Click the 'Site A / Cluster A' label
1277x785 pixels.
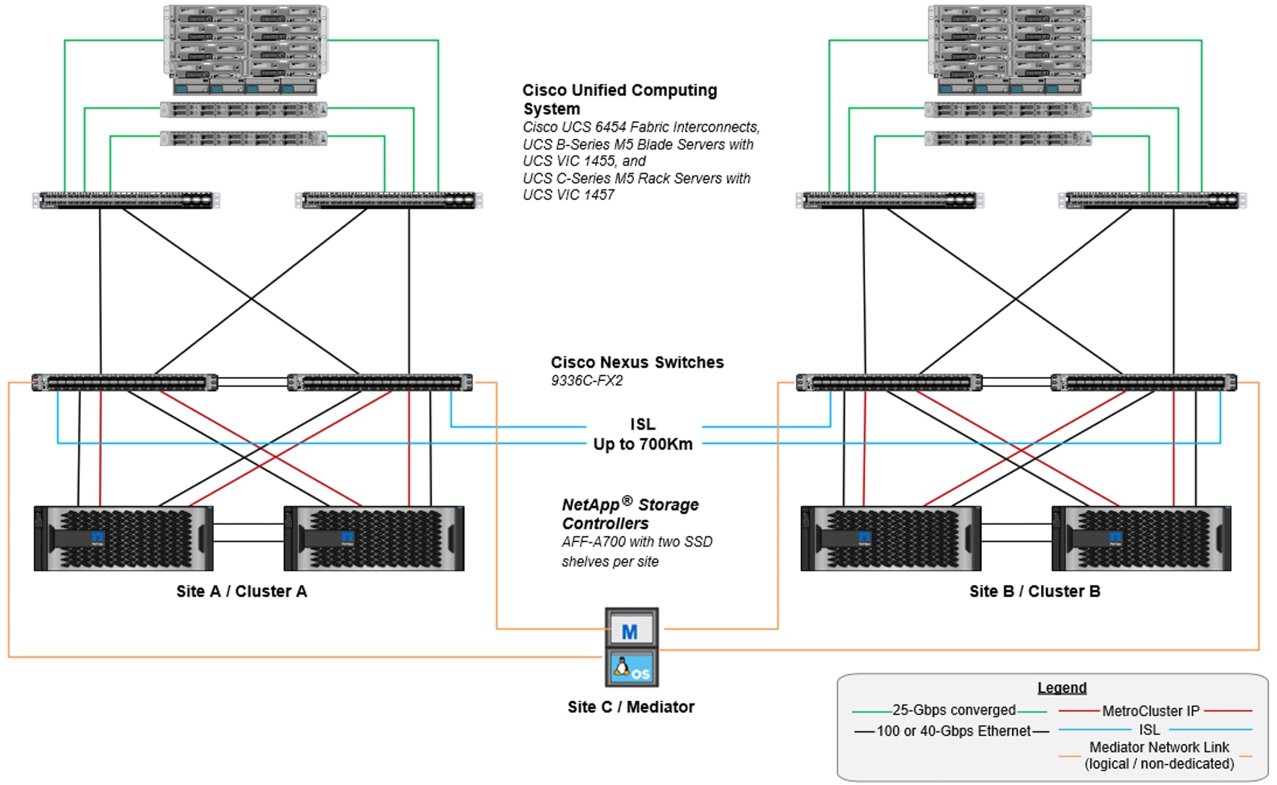(x=242, y=591)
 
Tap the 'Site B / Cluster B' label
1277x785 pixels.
(x=1034, y=591)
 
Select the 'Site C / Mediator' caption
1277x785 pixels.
(x=631, y=707)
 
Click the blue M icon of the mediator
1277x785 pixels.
(x=631, y=631)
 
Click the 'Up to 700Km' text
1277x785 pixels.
(x=643, y=444)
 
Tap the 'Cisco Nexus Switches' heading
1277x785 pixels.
(x=637, y=362)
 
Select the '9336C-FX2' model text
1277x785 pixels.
(x=586, y=380)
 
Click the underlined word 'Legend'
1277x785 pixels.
(x=1062, y=687)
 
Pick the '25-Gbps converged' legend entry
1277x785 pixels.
(x=953, y=710)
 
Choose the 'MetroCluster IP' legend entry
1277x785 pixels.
(x=1151, y=711)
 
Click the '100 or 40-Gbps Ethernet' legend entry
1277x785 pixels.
(x=953, y=731)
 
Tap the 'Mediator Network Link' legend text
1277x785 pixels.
(x=1159, y=747)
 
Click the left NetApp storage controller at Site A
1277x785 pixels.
(x=124, y=539)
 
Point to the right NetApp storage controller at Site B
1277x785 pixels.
(x=1141, y=539)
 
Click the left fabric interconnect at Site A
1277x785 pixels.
(x=126, y=200)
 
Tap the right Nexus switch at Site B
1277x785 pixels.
(x=1143, y=383)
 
